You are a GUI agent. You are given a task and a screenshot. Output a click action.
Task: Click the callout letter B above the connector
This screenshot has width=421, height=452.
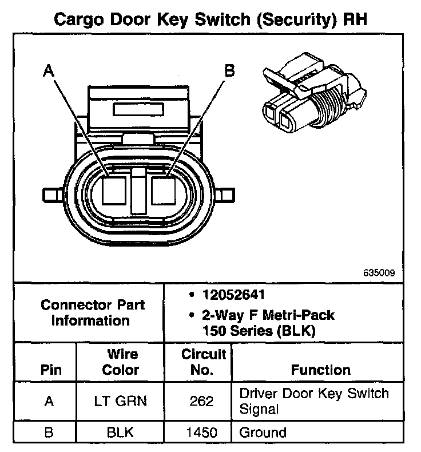[228, 71]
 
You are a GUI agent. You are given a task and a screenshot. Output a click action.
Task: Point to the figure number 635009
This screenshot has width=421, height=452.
[378, 273]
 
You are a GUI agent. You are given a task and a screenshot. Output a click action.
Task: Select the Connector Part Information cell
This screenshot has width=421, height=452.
[93, 312]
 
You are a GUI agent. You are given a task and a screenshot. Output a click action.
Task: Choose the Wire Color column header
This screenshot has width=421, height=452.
[120, 362]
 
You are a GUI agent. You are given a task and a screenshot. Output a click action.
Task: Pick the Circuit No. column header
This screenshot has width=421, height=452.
[203, 362]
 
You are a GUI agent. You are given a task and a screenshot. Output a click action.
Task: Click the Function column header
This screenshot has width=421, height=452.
[321, 370]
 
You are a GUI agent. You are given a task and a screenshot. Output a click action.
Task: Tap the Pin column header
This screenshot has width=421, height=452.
[50, 370]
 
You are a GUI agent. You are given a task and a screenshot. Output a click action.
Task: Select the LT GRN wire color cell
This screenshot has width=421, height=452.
[120, 401]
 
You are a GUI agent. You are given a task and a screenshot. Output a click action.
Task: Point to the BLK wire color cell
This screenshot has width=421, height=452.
[120, 433]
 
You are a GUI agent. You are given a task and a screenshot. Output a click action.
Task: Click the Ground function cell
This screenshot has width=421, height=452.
[263, 433]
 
